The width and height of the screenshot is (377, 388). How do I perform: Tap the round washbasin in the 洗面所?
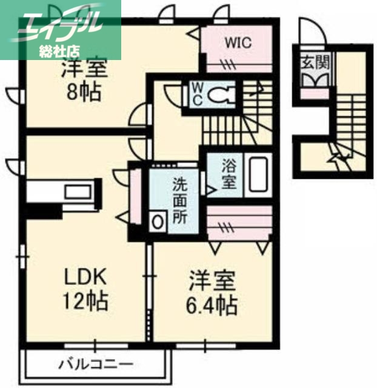(158, 221)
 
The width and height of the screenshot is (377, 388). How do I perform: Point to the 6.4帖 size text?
(212, 305)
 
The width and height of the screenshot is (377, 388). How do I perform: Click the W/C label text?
(198, 94)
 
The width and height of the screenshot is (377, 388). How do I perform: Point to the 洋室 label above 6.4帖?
(212, 282)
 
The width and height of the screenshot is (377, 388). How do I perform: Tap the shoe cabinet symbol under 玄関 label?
(313, 79)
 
